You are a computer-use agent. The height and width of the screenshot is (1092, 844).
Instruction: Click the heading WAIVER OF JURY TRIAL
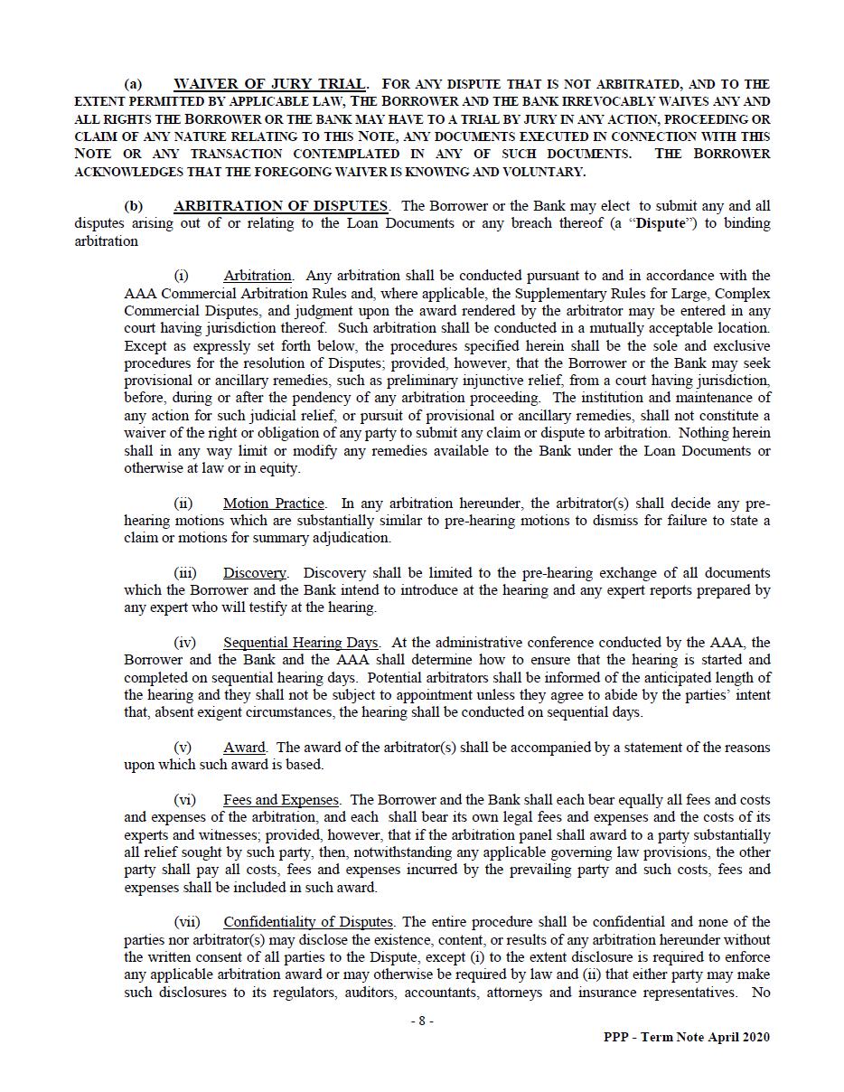pyautogui.click(x=269, y=84)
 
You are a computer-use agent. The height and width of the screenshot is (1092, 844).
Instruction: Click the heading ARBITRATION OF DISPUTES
pyautogui.click(x=280, y=206)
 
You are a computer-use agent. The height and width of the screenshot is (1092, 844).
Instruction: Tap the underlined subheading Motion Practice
pyautogui.click(x=273, y=503)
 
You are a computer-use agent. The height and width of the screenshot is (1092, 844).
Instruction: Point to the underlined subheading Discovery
pyautogui.click(x=254, y=573)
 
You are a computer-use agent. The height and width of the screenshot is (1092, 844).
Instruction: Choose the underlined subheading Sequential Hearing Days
pyautogui.click(x=301, y=643)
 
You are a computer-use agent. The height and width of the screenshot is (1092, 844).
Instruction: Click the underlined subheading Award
pyautogui.click(x=244, y=748)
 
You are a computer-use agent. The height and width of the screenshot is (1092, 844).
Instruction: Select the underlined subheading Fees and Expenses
pyautogui.click(x=281, y=800)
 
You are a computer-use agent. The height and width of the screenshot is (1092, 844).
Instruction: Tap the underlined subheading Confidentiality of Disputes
pyautogui.click(x=307, y=922)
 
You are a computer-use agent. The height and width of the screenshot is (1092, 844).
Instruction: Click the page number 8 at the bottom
pyautogui.click(x=421, y=1021)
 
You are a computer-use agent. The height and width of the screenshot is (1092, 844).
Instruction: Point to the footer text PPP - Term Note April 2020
pyautogui.click(x=687, y=1038)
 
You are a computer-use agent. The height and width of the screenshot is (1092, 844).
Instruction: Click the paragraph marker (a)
pyautogui.click(x=133, y=84)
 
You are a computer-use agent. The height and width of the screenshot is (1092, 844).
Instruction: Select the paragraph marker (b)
pyautogui.click(x=133, y=206)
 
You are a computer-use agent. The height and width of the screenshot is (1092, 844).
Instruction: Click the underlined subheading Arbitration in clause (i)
pyautogui.click(x=258, y=276)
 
